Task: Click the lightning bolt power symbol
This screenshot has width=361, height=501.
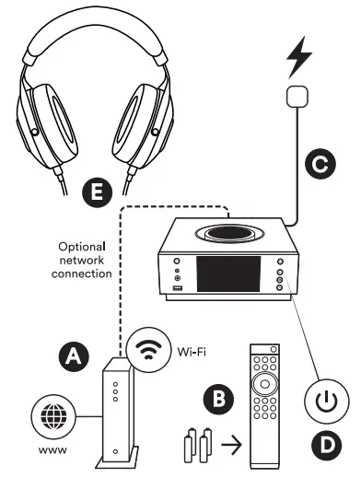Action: point(299,57)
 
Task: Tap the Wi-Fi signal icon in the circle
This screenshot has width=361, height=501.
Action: point(146,351)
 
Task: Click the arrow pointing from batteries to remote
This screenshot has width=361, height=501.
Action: point(232,449)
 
